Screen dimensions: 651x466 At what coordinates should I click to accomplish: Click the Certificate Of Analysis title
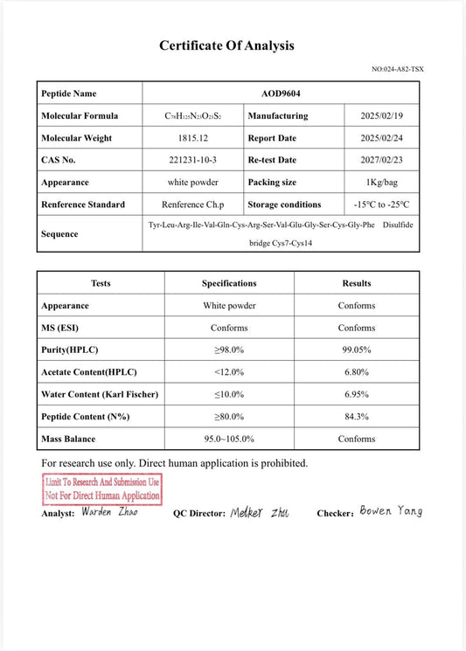point(226,46)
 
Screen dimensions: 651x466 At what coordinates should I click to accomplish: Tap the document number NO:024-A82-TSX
point(398,69)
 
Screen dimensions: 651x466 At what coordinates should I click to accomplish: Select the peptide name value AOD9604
point(281,93)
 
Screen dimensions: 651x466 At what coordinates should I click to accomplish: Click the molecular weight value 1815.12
point(192,138)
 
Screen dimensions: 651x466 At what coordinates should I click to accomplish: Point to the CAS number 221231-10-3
point(192,160)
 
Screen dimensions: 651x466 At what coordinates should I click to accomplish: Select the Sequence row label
point(59,234)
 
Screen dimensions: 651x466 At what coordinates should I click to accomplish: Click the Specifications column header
point(229,283)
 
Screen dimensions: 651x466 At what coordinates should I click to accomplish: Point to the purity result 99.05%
point(357,350)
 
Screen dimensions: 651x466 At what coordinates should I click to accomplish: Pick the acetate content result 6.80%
point(357,372)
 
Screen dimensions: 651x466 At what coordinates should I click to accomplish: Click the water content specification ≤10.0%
point(229,394)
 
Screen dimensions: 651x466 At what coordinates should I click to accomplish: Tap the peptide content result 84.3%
point(357,417)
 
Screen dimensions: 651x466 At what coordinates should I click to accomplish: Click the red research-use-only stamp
point(102,488)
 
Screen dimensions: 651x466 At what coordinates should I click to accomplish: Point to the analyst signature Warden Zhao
point(109,512)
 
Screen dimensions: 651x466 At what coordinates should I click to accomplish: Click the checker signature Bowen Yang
point(391,511)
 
